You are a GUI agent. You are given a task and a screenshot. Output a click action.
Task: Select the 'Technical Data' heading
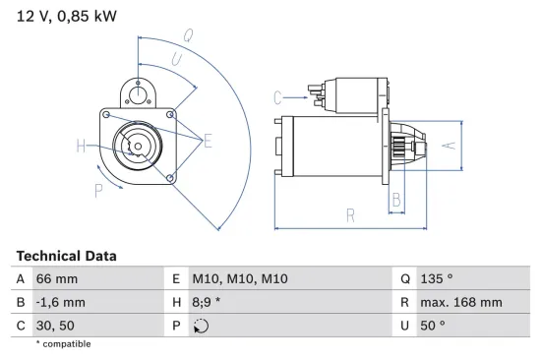(x=66, y=256)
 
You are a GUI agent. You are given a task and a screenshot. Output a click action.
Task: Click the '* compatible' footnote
(x=64, y=343)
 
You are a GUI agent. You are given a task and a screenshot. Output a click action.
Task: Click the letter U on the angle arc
(x=176, y=61)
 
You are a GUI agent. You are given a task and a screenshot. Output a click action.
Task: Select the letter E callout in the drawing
(x=207, y=142)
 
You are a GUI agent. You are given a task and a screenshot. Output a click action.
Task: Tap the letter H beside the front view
(x=80, y=147)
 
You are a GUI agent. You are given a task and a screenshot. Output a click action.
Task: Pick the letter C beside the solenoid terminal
(x=277, y=96)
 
